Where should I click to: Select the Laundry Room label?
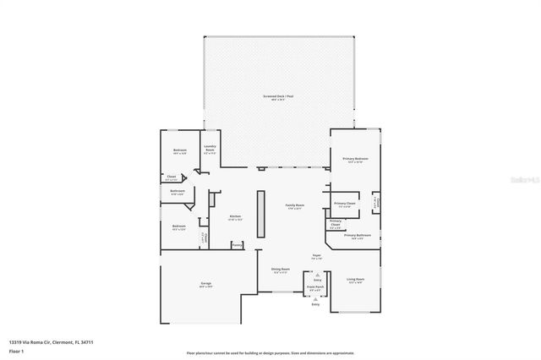[210, 150]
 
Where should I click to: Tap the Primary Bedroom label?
[355, 159]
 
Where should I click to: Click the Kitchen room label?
[236, 217]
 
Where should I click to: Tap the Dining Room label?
[280, 270]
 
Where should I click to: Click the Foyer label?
[316, 255]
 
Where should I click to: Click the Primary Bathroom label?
[358, 236]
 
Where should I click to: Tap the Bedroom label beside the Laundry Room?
[179, 151]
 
